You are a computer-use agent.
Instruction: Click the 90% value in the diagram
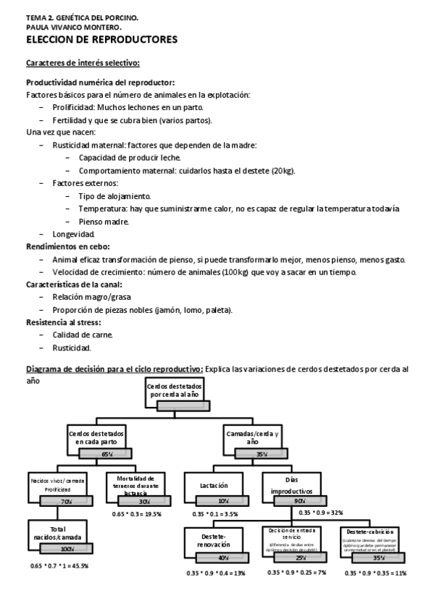tap(299, 500)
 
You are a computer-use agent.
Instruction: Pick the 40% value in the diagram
tap(223, 558)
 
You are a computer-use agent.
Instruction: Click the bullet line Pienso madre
tap(104, 222)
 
